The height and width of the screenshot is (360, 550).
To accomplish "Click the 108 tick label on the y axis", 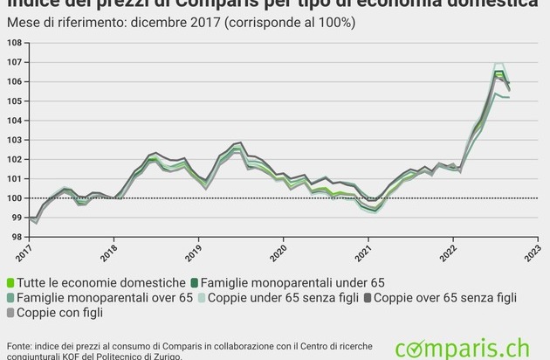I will click(x=12, y=43).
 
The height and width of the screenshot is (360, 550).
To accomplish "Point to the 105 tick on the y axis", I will click(x=12, y=101).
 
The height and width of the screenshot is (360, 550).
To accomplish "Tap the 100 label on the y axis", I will click(x=12, y=198).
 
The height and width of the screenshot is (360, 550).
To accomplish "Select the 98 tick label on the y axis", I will click(x=12, y=238).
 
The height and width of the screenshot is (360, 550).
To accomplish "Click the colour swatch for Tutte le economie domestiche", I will click(x=10, y=283).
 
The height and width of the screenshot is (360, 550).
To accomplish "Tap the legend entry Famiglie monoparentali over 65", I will click(x=106, y=298).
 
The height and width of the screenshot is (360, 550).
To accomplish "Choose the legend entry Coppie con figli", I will click(x=60, y=314).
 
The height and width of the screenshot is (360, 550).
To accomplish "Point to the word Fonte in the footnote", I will click(x=20, y=345).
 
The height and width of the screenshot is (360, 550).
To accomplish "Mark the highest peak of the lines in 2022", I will click(x=498, y=64).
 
